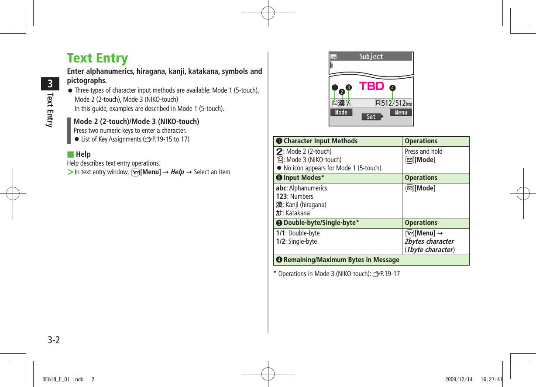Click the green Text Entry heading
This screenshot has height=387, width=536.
tap(97, 58)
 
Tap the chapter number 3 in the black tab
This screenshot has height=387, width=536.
tap(51, 84)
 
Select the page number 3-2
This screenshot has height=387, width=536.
tap(54, 340)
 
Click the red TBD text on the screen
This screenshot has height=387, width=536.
tap(371, 86)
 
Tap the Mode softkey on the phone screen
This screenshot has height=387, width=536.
tap(341, 112)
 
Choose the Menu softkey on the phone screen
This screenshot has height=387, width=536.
tap(401, 112)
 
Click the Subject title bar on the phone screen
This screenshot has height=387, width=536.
tap(371, 57)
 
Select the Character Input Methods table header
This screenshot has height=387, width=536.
tap(320, 141)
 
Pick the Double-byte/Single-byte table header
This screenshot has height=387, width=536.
tap(321, 223)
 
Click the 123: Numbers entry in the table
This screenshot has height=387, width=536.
tap(295, 197)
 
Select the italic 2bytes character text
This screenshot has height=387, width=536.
tap(429, 242)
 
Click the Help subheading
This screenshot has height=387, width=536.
tap(83, 154)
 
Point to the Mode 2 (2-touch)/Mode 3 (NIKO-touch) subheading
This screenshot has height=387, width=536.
tap(136, 121)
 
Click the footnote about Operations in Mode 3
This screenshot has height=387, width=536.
tap(336, 274)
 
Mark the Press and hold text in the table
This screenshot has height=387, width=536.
tap(423, 152)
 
